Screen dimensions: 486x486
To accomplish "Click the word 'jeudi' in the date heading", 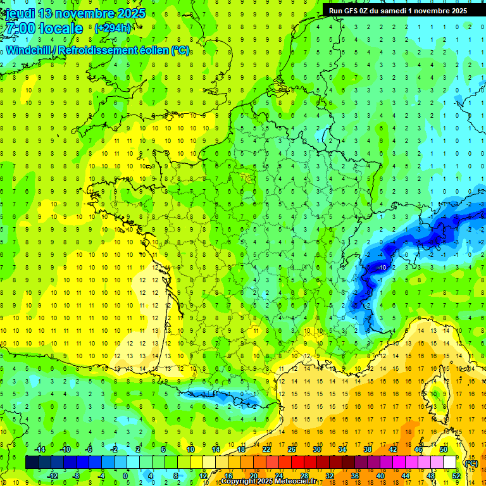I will point(19,13).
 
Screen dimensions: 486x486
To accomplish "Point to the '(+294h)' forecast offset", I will point(113,28).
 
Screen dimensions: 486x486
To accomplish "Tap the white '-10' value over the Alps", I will point(382,268).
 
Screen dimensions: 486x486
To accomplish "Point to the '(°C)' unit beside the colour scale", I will point(471,463).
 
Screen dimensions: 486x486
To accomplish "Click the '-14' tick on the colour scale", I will point(40,449).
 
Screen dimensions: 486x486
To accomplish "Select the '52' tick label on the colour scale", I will point(456,476).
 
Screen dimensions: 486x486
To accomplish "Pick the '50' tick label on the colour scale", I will point(444,449).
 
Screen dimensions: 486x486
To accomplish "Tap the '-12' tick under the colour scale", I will point(53,476).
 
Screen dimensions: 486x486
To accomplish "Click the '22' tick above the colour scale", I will point(266,449).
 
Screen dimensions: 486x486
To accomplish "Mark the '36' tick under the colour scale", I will point(354,476).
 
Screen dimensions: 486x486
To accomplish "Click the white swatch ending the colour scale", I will point(450,463).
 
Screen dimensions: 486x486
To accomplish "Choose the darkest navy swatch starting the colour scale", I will point(32,463).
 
